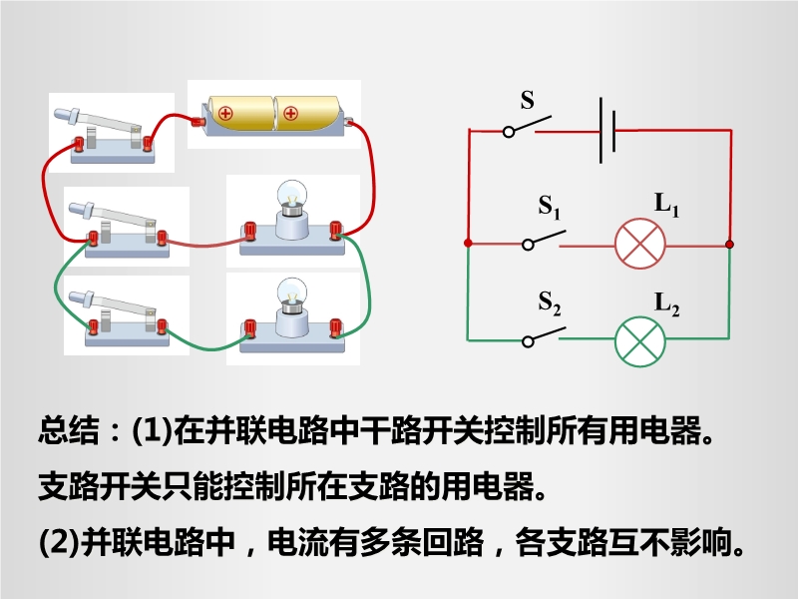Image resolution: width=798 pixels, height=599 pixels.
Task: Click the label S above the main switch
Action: click(x=528, y=101)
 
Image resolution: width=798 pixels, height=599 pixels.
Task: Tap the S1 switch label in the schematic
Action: click(x=550, y=208)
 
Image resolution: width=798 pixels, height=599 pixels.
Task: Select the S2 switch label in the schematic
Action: click(x=550, y=302)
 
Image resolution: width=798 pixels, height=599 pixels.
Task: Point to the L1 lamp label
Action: click(x=666, y=205)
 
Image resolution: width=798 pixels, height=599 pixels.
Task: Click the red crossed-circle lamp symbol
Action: click(x=639, y=245)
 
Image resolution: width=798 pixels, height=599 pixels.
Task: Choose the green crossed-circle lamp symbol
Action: click(x=639, y=340)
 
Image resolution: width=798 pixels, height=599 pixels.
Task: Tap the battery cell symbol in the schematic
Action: click(x=606, y=130)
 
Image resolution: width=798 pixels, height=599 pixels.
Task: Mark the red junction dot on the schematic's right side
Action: click(x=730, y=244)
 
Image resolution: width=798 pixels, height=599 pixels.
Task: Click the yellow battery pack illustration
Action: click(x=271, y=114)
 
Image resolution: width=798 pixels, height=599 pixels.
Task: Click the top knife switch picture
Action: click(x=111, y=131)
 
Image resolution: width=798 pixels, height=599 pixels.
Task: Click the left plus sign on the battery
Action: click(x=225, y=113)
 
